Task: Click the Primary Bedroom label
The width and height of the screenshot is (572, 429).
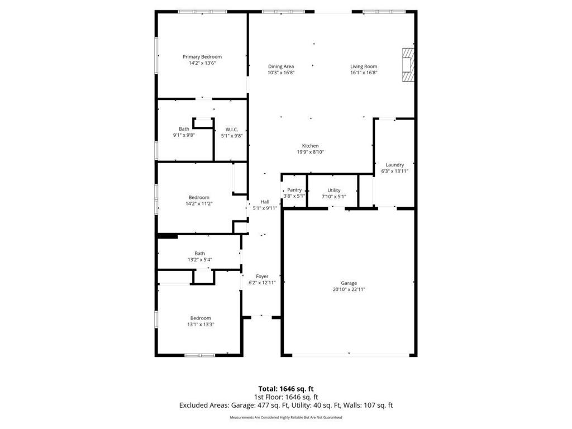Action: tap(202, 56)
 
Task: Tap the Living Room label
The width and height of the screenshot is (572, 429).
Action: tap(364, 66)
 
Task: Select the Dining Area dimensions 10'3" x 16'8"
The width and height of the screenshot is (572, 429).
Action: tap(281, 73)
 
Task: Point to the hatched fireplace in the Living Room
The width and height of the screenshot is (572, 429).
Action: tap(408, 65)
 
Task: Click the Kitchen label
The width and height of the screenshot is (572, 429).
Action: tap(311, 146)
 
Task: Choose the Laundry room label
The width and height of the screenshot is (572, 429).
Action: tap(395, 165)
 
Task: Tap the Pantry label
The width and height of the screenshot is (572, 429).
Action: tap(294, 190)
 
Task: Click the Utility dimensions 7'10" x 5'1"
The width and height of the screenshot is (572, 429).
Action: tap(334, 196)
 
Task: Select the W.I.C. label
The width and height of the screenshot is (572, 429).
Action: tap(232, 130)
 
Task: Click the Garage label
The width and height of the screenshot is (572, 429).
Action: tap(349, 283)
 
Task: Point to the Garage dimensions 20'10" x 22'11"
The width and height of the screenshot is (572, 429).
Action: tap(349, 289)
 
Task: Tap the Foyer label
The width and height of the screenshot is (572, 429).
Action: tap(262, 277)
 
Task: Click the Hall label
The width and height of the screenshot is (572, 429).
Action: tap(265, 202)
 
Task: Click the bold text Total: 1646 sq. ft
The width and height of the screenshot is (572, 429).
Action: tap(286, 389)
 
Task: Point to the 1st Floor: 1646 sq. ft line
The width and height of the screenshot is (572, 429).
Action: tap(286, 397)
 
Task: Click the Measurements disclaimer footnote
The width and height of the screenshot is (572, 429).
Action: tap(286, 417)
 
